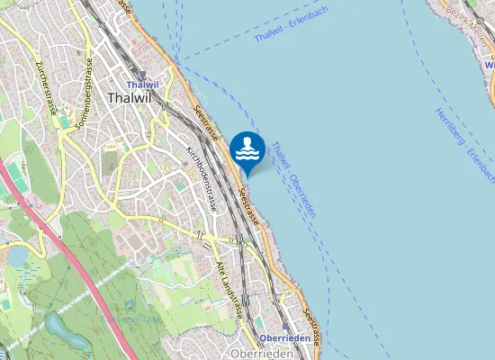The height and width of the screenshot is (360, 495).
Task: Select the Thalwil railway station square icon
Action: pyautogui.click(x=141, y=76)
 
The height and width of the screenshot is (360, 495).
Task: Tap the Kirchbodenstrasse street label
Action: pyautogui.click(x=201, y=177)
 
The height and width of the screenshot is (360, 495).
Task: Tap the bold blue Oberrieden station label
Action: pyautogui.click(x=284, y=338)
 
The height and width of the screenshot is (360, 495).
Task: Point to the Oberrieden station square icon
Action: pyautogui.click(x=286, y=328)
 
